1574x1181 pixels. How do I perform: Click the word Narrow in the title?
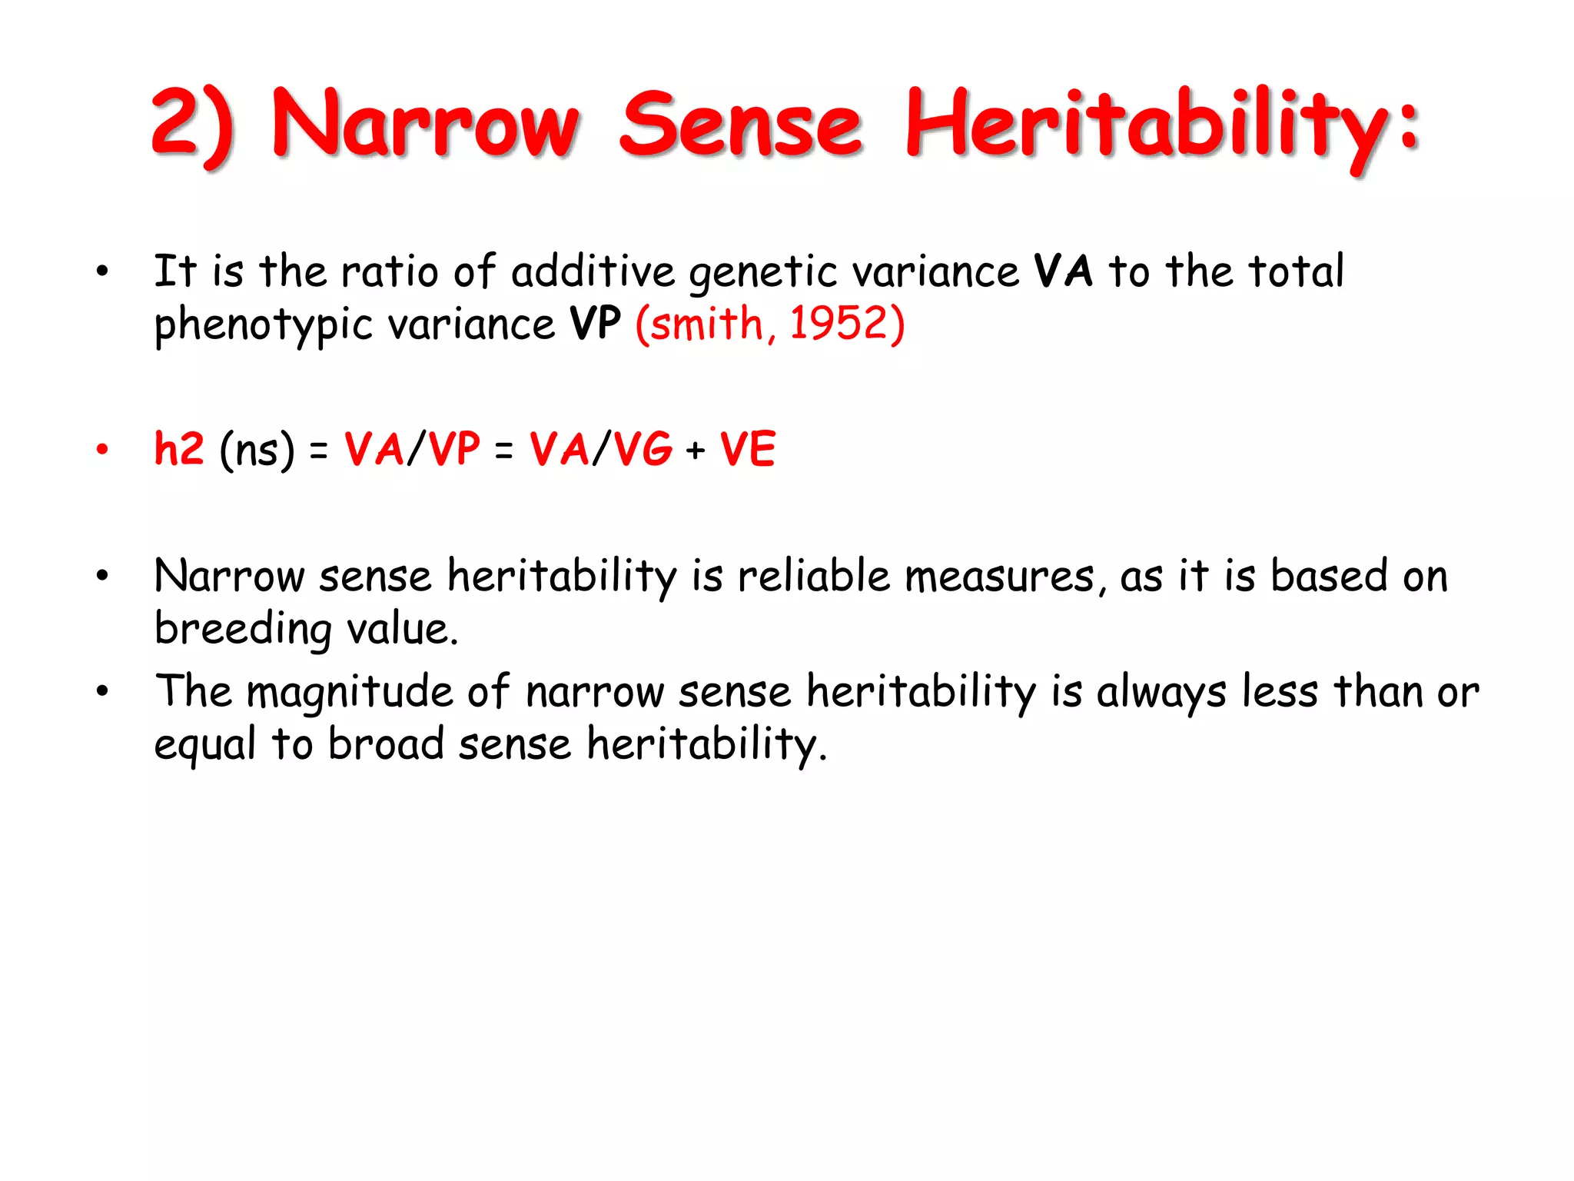pos(425,123)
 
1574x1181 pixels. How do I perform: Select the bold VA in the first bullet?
pos(1063,271)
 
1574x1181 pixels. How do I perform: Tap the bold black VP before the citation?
pos(595,323)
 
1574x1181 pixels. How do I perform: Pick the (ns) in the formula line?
pos(257,450)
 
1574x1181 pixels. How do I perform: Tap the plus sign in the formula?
pos(696,450)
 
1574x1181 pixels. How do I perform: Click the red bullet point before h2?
pos(102,449)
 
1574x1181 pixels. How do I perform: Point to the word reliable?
pos(813,576)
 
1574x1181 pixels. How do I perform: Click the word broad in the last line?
pos(386,744)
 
